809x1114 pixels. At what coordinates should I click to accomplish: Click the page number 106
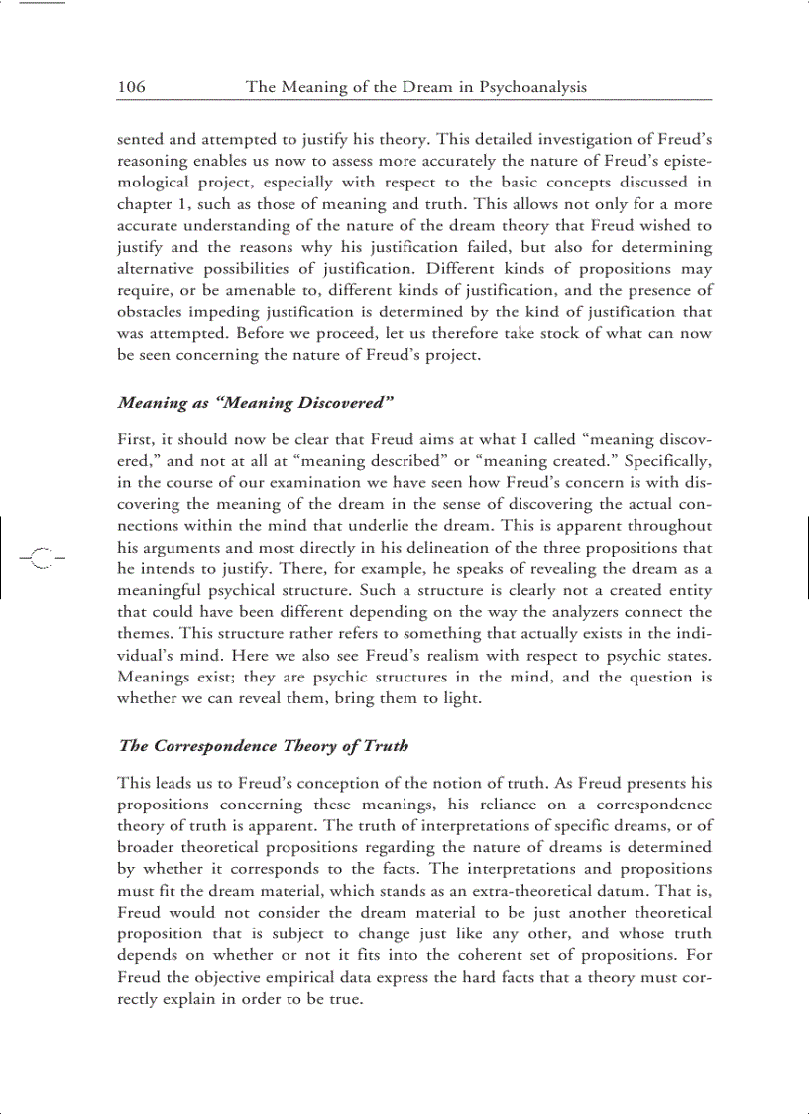point(131,87)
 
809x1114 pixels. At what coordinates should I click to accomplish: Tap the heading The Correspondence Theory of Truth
point(263,745)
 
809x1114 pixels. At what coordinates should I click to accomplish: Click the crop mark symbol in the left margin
point(41,558)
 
